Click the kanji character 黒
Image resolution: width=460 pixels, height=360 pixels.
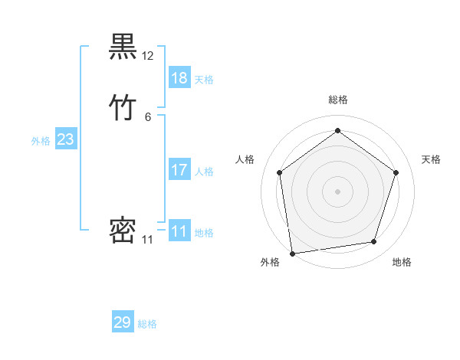coord(123,48)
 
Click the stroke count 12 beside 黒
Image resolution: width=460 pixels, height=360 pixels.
coord(148,56)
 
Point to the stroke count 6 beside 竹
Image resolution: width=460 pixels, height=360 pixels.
coord(148,116)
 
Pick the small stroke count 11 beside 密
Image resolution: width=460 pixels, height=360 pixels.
coord(148,240)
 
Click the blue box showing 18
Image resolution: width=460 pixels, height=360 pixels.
coord(179,78)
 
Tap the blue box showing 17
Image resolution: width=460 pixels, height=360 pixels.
coord(179,170)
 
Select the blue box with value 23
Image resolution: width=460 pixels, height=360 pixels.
coord(66,139)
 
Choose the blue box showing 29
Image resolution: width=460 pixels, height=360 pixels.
coord(123,322)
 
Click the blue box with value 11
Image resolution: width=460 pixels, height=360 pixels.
coord(179,231)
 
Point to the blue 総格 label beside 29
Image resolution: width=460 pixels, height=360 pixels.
coord(148,324)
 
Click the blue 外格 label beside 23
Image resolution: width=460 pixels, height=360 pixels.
coord(41,141)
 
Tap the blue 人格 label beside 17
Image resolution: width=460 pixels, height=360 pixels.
coord(205,172)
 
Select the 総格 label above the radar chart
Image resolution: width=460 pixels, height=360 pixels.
coord(337,100)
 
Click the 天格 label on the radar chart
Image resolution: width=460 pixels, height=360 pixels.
coord(431,159)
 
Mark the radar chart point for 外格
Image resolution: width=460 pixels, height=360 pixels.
coord(292,252)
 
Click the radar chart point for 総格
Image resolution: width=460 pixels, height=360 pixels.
coord(337,130)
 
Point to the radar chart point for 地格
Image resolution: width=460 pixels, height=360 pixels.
coord(373,241)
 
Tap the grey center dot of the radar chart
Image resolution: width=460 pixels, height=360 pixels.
coord(337,191)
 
